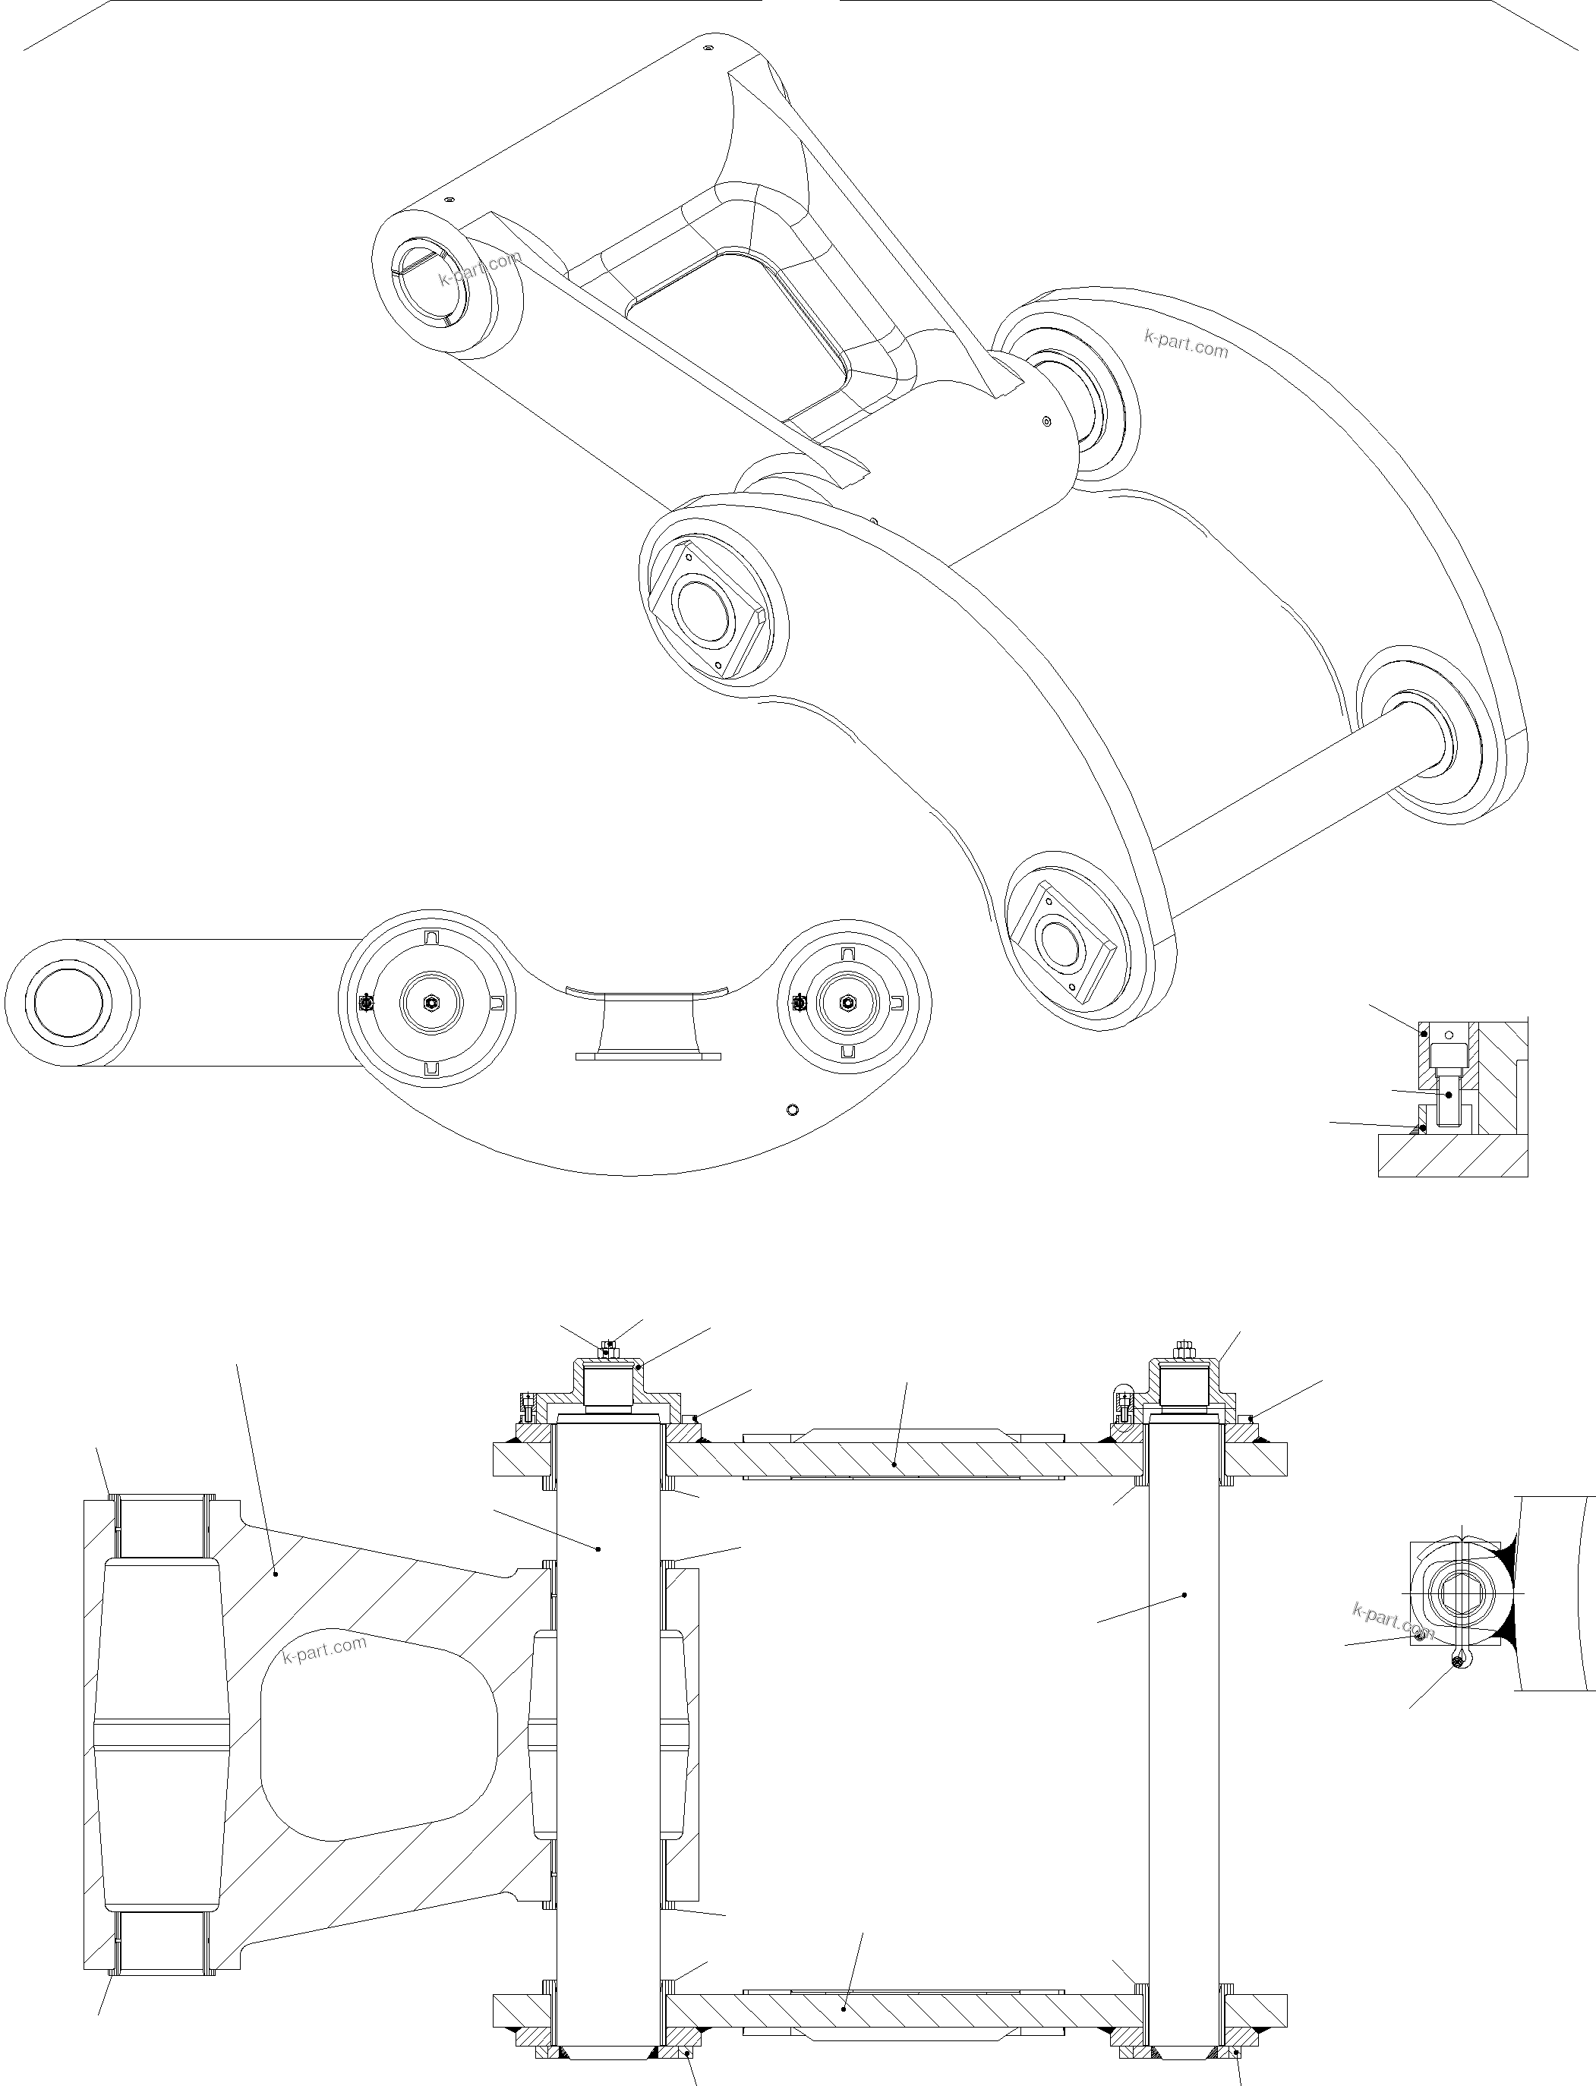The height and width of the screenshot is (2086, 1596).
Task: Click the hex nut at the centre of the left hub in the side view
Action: pos(431,1002)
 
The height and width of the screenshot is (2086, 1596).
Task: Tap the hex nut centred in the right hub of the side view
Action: pos(848,1001)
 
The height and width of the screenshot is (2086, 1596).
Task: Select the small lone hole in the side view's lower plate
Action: pos(793,1110)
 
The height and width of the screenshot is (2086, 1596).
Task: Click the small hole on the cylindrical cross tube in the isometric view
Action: pos(1046,421)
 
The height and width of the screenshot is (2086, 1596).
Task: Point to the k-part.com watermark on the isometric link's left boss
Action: pos(480,269)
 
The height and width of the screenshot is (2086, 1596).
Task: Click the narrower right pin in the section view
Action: pos(1184,1709)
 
